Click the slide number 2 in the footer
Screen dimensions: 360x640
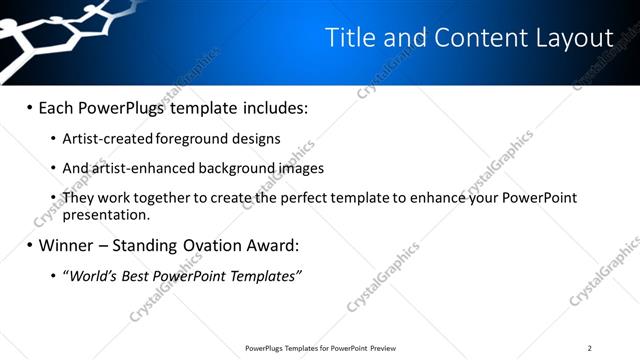pos(590,348)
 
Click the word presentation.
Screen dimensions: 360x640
pos(105,214)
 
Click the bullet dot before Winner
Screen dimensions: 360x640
pos(29,245)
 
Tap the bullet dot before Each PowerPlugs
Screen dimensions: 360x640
pos(29,107)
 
